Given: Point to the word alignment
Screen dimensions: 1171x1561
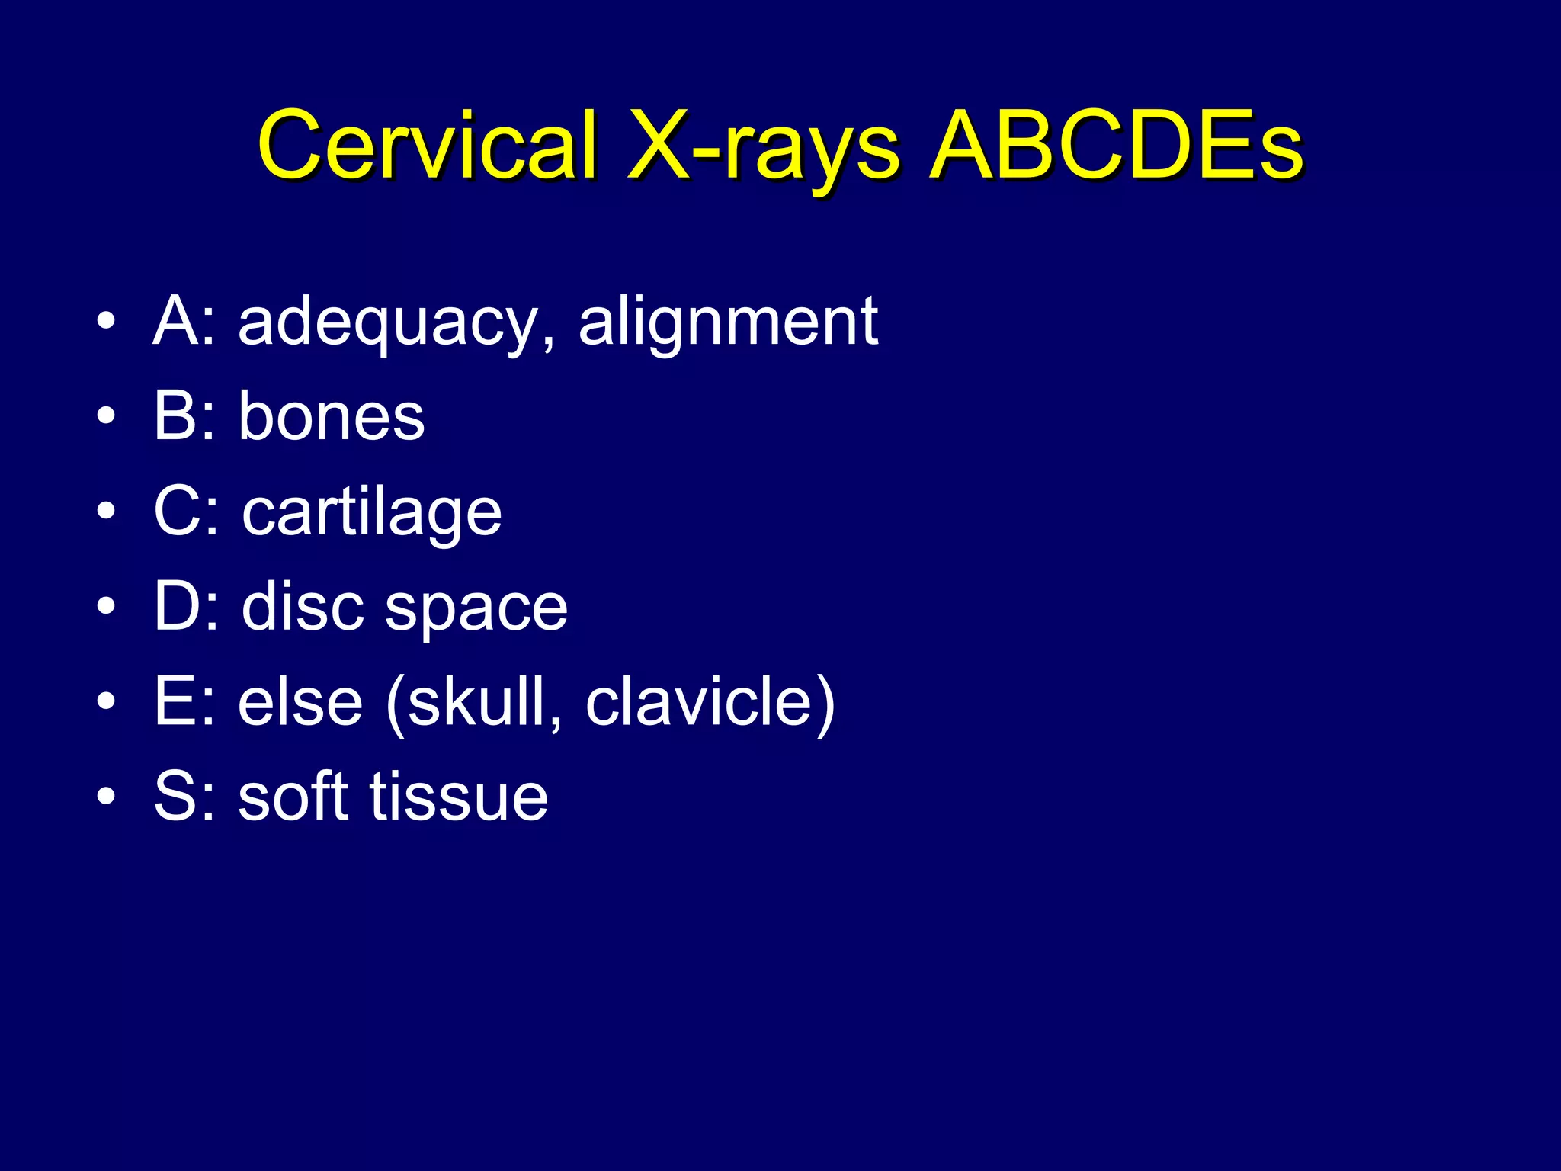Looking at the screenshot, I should [x=728, y=324].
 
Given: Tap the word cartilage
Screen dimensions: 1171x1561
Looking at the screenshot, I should [x=372, y=513].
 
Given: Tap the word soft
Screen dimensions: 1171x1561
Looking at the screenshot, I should [x=293, y=796].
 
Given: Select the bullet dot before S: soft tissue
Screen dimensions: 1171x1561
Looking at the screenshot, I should [x=107, y=797].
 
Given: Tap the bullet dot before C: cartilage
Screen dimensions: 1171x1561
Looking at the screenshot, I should [x=107, y=512].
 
